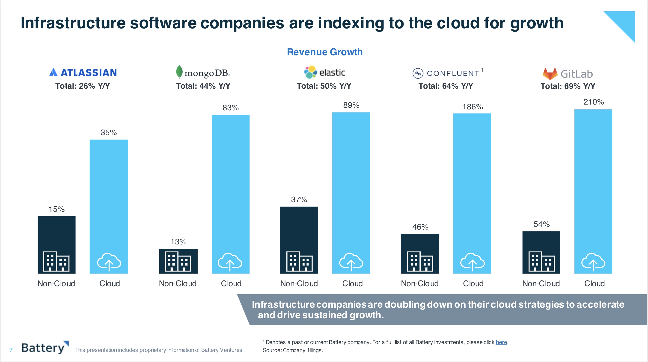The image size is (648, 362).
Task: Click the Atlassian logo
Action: pos(83,73)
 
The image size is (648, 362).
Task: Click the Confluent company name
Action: pos(453,73)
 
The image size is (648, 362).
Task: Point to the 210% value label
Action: pos(593,102)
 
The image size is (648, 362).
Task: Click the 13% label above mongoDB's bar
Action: pos(178,242)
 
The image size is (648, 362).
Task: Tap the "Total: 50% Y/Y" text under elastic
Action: pos(324,86)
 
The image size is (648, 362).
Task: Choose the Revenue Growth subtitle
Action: pos(324,52)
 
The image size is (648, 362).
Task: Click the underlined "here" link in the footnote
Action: pos(501,342)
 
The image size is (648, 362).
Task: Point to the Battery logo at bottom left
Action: pos(45,348)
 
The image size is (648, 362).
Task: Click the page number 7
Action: pos(11,350)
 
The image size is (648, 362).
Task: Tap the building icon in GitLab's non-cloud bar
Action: pos(541,262)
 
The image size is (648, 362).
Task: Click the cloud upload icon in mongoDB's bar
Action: pos(230,262)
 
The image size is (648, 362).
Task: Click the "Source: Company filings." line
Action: pos(293,350)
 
